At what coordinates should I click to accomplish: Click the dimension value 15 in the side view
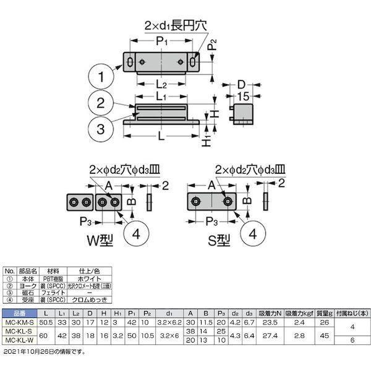point(243,95)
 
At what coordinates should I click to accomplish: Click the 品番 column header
point(19,313)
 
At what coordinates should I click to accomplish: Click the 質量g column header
point(323,313)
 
